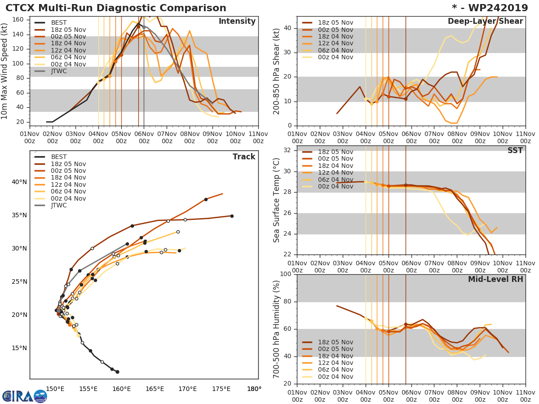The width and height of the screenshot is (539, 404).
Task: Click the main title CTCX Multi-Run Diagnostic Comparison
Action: click(116, 8)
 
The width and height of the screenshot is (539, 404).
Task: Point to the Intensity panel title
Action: click(237, 22)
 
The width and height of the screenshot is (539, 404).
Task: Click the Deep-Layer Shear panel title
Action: click(485, 22)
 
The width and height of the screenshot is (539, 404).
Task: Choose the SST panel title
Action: click(515, 151)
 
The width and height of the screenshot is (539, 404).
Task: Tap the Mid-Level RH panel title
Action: click(495, 280)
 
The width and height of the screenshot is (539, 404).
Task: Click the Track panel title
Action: click(244, 157)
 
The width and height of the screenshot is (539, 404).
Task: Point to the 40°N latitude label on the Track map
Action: click(19, 182)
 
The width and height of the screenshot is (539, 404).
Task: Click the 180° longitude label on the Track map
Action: click(254, 389)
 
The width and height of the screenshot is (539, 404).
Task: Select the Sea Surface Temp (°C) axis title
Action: click(277, 200)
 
